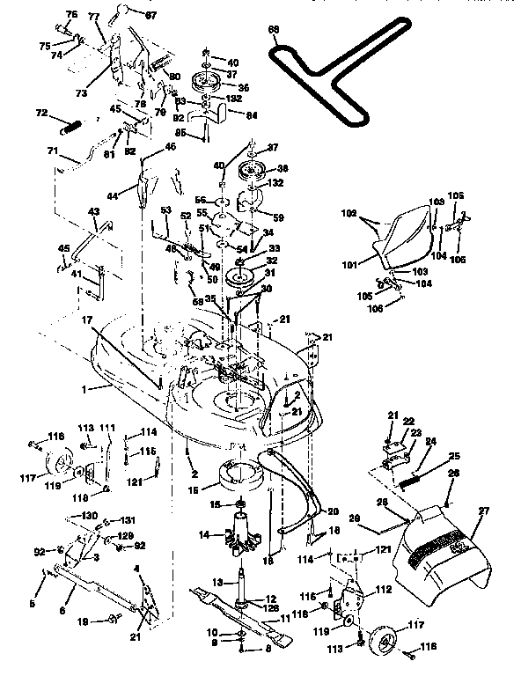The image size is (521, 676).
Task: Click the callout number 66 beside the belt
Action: pyautogui.click(x=273, y=30)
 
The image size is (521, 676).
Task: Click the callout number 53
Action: pyautogui.click(x=165, y=209)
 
